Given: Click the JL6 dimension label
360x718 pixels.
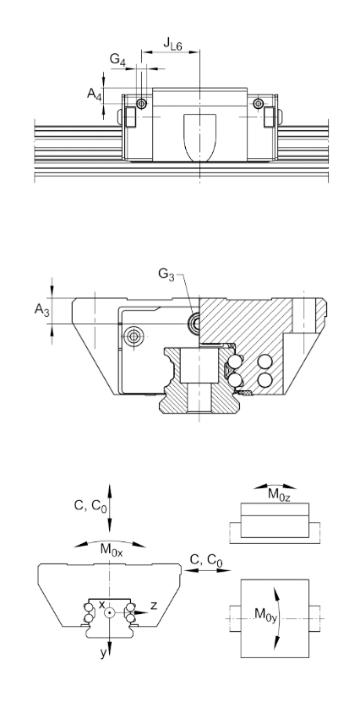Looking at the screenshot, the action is coord(172,44).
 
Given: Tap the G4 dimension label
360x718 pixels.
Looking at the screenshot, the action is coord(117,60).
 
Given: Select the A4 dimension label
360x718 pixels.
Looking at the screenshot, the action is coord(95,95).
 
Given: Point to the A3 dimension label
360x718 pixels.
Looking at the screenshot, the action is coord(41,311).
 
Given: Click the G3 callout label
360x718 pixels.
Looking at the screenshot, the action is coord(166,275).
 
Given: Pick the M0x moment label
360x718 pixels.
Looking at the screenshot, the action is coord(112,550).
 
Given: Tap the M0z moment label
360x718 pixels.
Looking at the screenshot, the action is coord(279,494).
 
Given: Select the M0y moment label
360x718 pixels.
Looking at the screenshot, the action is coord(265,613).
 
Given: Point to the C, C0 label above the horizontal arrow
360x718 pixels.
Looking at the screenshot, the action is coord(206,560).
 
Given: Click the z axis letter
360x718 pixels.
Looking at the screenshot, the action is coord(154,606).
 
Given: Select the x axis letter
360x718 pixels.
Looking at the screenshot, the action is coord(102,604).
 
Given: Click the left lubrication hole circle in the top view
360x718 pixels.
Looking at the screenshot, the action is coord(142,104).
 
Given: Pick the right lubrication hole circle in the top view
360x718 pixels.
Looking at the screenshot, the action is coord(259,104).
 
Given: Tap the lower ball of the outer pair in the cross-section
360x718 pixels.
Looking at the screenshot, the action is coord(265,380).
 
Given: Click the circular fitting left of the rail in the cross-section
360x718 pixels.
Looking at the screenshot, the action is coord(134,336).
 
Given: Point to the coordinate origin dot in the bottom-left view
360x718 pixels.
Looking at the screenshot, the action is coord(110,612).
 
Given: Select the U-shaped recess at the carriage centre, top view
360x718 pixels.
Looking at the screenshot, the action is coord(200,138).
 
